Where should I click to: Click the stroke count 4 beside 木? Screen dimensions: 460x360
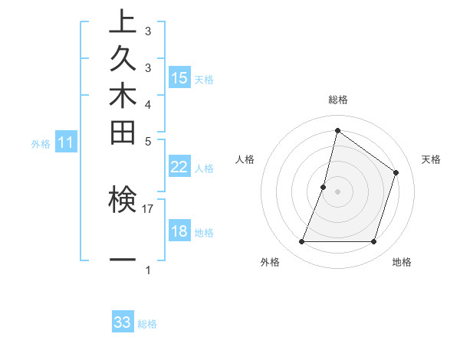(x=148, y=104)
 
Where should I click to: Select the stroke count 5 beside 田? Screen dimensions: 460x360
(x=148, y=141)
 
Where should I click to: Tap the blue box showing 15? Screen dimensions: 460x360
(x=179, y=78)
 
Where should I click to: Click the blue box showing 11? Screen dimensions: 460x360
(x=66, y=142)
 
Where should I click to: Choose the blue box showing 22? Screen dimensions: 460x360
(x=179, y=168)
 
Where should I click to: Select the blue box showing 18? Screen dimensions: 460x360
(x=179, y=232)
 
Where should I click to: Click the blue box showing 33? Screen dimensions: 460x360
(x=123, y=322)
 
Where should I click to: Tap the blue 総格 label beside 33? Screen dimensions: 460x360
(x=147, y=324)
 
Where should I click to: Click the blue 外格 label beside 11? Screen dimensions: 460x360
(x=41, y=143)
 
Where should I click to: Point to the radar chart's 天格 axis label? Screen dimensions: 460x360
(x=431, y=159)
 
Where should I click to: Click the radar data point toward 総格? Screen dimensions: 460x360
(x=337, y=130)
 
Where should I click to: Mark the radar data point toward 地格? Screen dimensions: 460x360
(x=373, y=242)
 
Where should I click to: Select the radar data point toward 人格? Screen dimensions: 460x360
(x=324, y=187)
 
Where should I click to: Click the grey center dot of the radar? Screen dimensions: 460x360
(x=337, y=191)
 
